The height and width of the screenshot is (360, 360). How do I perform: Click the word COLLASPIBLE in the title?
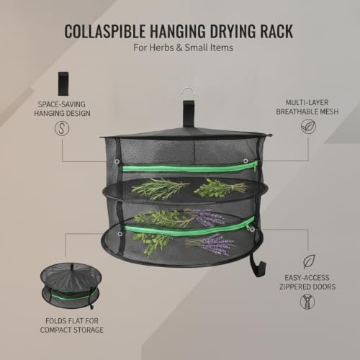[x=105, y=31]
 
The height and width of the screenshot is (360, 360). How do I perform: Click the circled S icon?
[x=62, y=128]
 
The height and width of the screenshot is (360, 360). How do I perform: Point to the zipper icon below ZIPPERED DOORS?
[x=307, y=302]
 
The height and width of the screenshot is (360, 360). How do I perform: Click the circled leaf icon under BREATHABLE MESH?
[x=308, y=127]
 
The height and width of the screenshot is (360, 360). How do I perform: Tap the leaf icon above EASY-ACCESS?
[x=309, y=261]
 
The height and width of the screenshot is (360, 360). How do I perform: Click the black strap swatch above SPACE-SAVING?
[x=63, y=84]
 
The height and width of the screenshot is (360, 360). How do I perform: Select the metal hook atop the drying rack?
[x=188, y=93]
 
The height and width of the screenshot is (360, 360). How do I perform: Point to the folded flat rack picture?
[x=71, y=286]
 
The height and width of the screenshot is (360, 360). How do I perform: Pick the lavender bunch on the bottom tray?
[x=210, y=244]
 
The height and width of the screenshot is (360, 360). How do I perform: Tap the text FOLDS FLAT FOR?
[x=72, y=321]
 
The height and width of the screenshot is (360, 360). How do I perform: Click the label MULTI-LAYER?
[x=307, y=102]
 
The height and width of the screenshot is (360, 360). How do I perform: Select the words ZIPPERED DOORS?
[x=307, y=287]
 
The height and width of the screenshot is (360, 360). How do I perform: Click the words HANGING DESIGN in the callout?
[x=62, y=113]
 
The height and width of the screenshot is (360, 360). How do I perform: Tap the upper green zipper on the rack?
[x=189, y=167]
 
